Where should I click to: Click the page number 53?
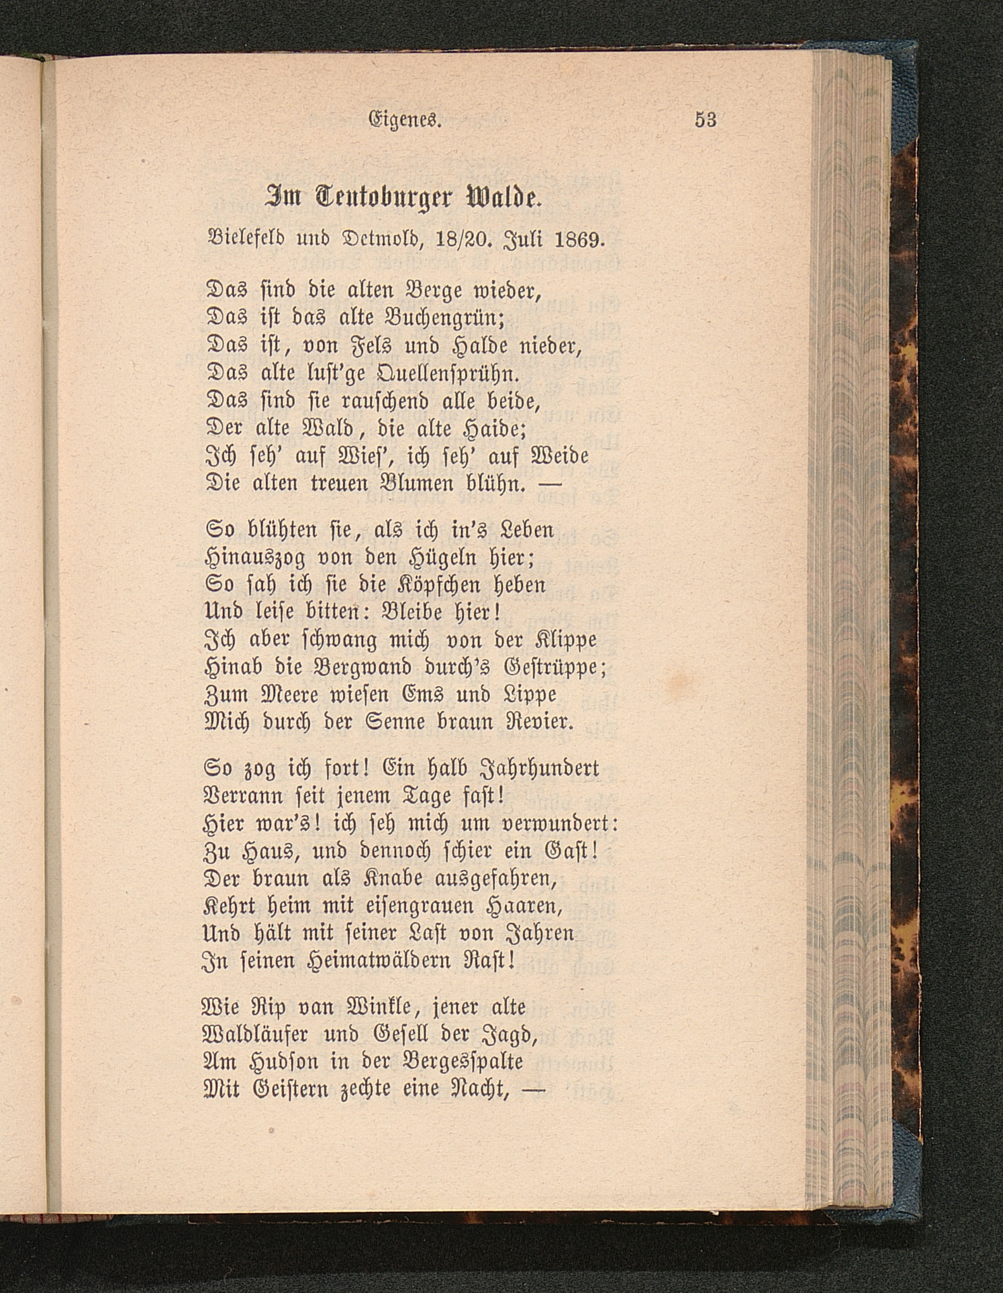[x=705, y=120]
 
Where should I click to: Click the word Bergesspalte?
[x=464, y=1061]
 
